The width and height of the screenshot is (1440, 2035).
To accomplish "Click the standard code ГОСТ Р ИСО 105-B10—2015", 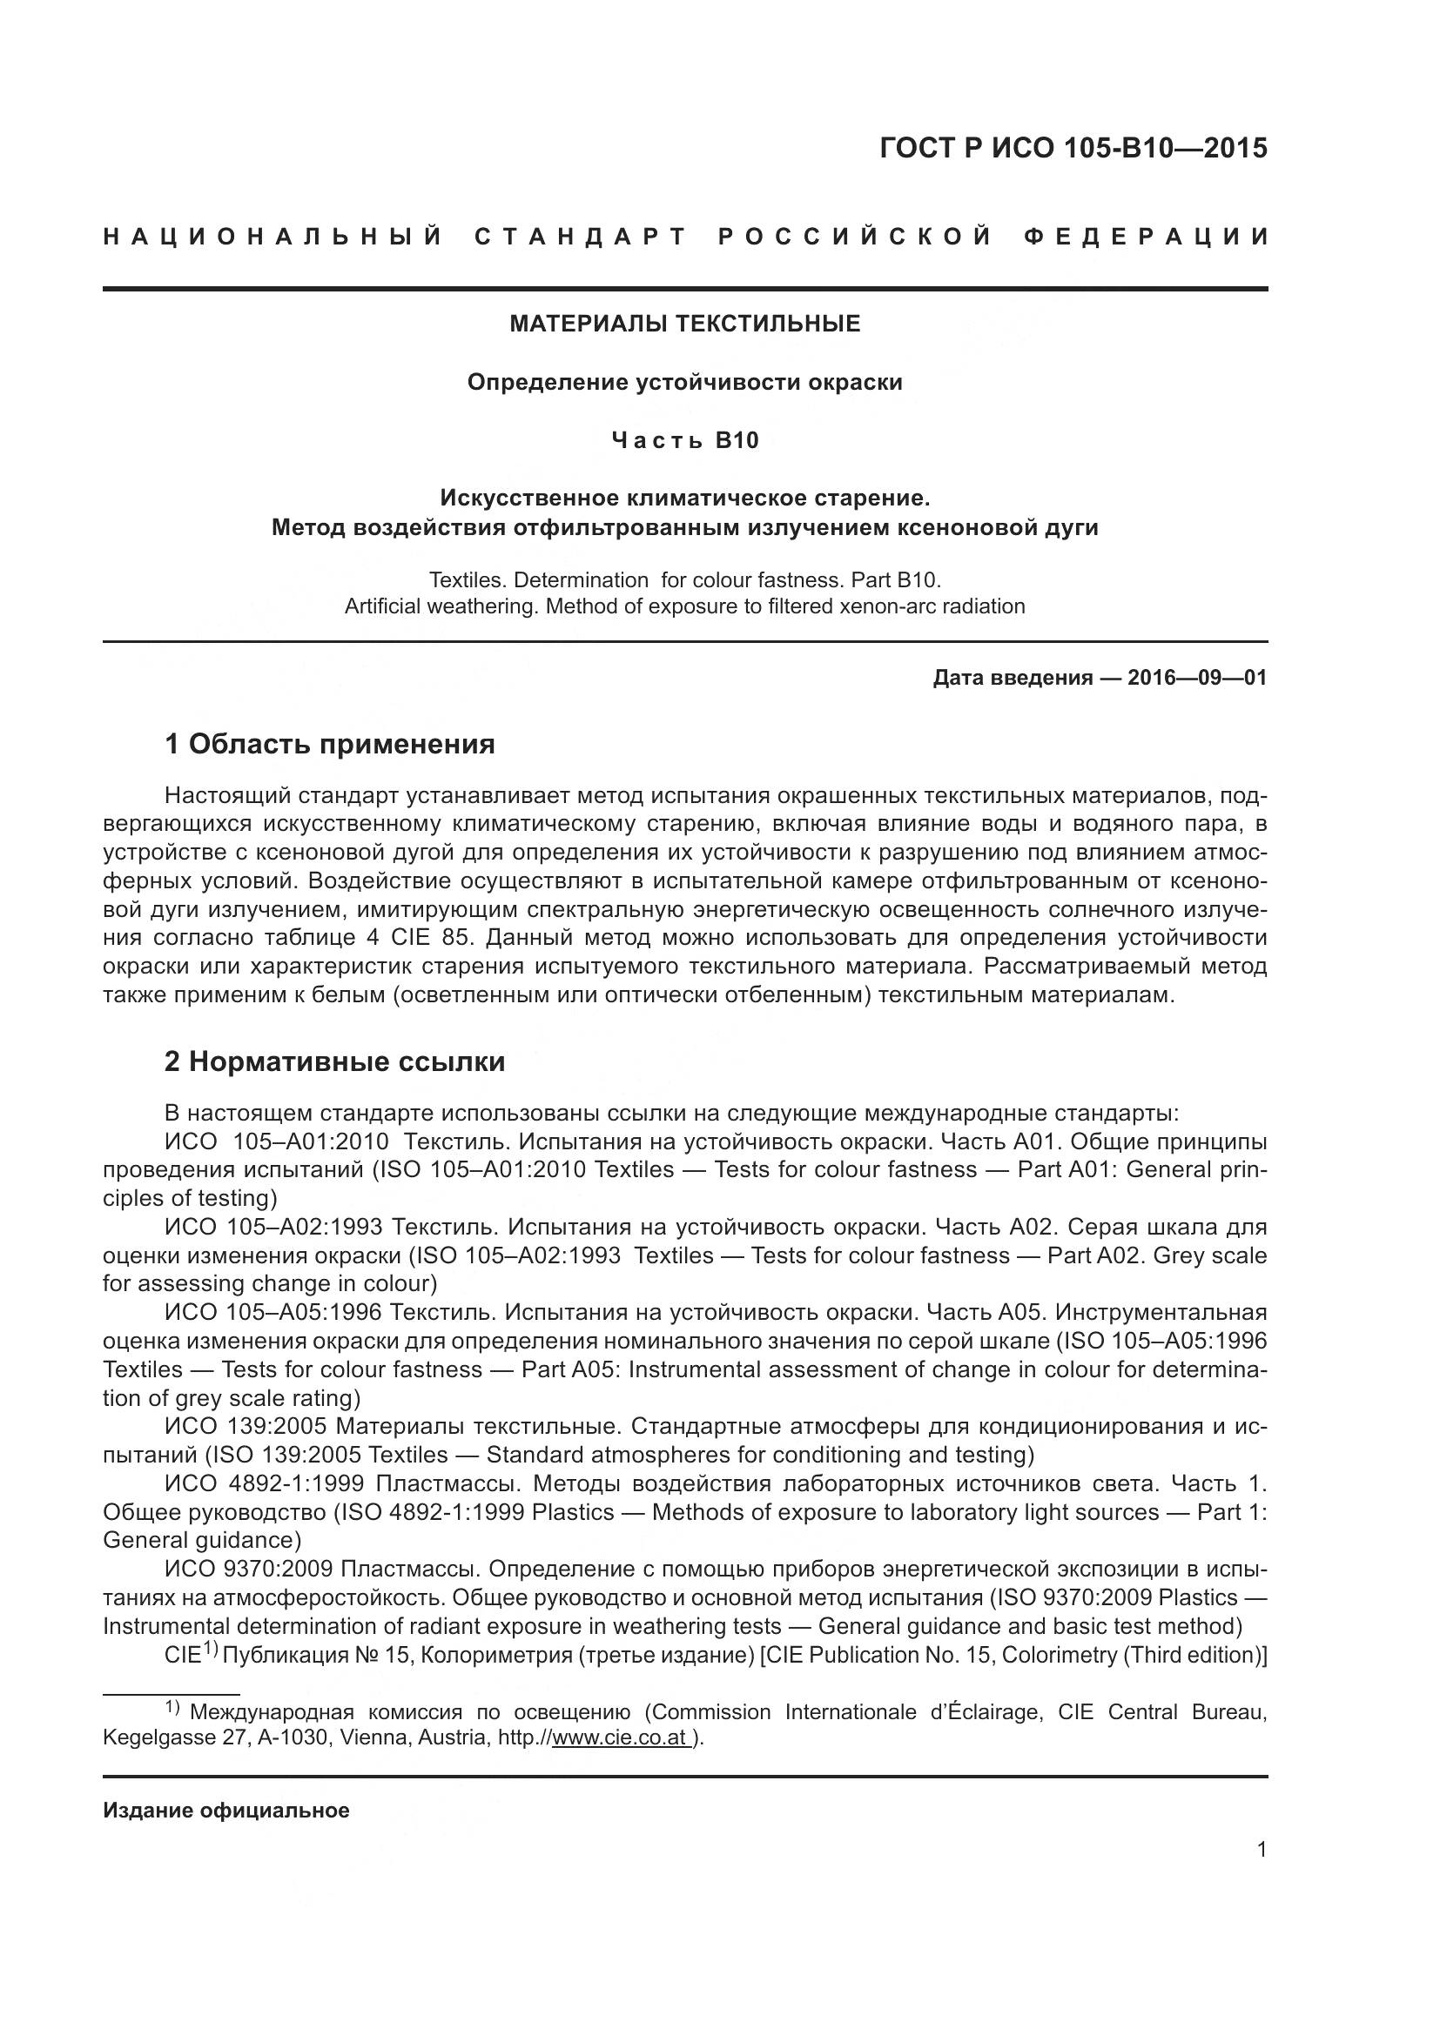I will (x=1073, y=148).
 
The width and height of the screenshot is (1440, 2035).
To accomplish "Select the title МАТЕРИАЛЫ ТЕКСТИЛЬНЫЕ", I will (x=684, y=324).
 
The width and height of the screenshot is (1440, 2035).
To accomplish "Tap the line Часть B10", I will (x=684, y=440).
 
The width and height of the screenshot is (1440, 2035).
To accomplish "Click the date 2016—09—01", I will (x=1197, y=678).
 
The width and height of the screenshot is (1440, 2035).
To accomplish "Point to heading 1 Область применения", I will (x=329, y=744).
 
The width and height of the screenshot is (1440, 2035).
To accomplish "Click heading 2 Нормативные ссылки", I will (x=334, y=1061).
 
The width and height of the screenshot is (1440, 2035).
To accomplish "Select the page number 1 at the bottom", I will (x=1261, y=1850).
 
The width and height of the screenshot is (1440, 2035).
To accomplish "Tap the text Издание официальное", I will (x=226, y=1810).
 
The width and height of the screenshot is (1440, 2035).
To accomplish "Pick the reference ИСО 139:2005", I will (x=246, y=1426).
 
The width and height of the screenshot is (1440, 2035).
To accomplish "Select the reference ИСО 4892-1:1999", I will (x=265, y=1483).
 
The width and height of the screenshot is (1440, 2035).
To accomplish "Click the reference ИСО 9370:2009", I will (x=248, y=1569).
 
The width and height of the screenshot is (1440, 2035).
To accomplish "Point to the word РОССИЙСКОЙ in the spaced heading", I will (x=854, y=237).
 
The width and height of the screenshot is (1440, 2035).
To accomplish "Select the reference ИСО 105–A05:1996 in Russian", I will (x=273, y=1312).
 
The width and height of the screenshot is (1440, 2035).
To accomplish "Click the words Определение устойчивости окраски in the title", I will (x=684, y=382).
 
